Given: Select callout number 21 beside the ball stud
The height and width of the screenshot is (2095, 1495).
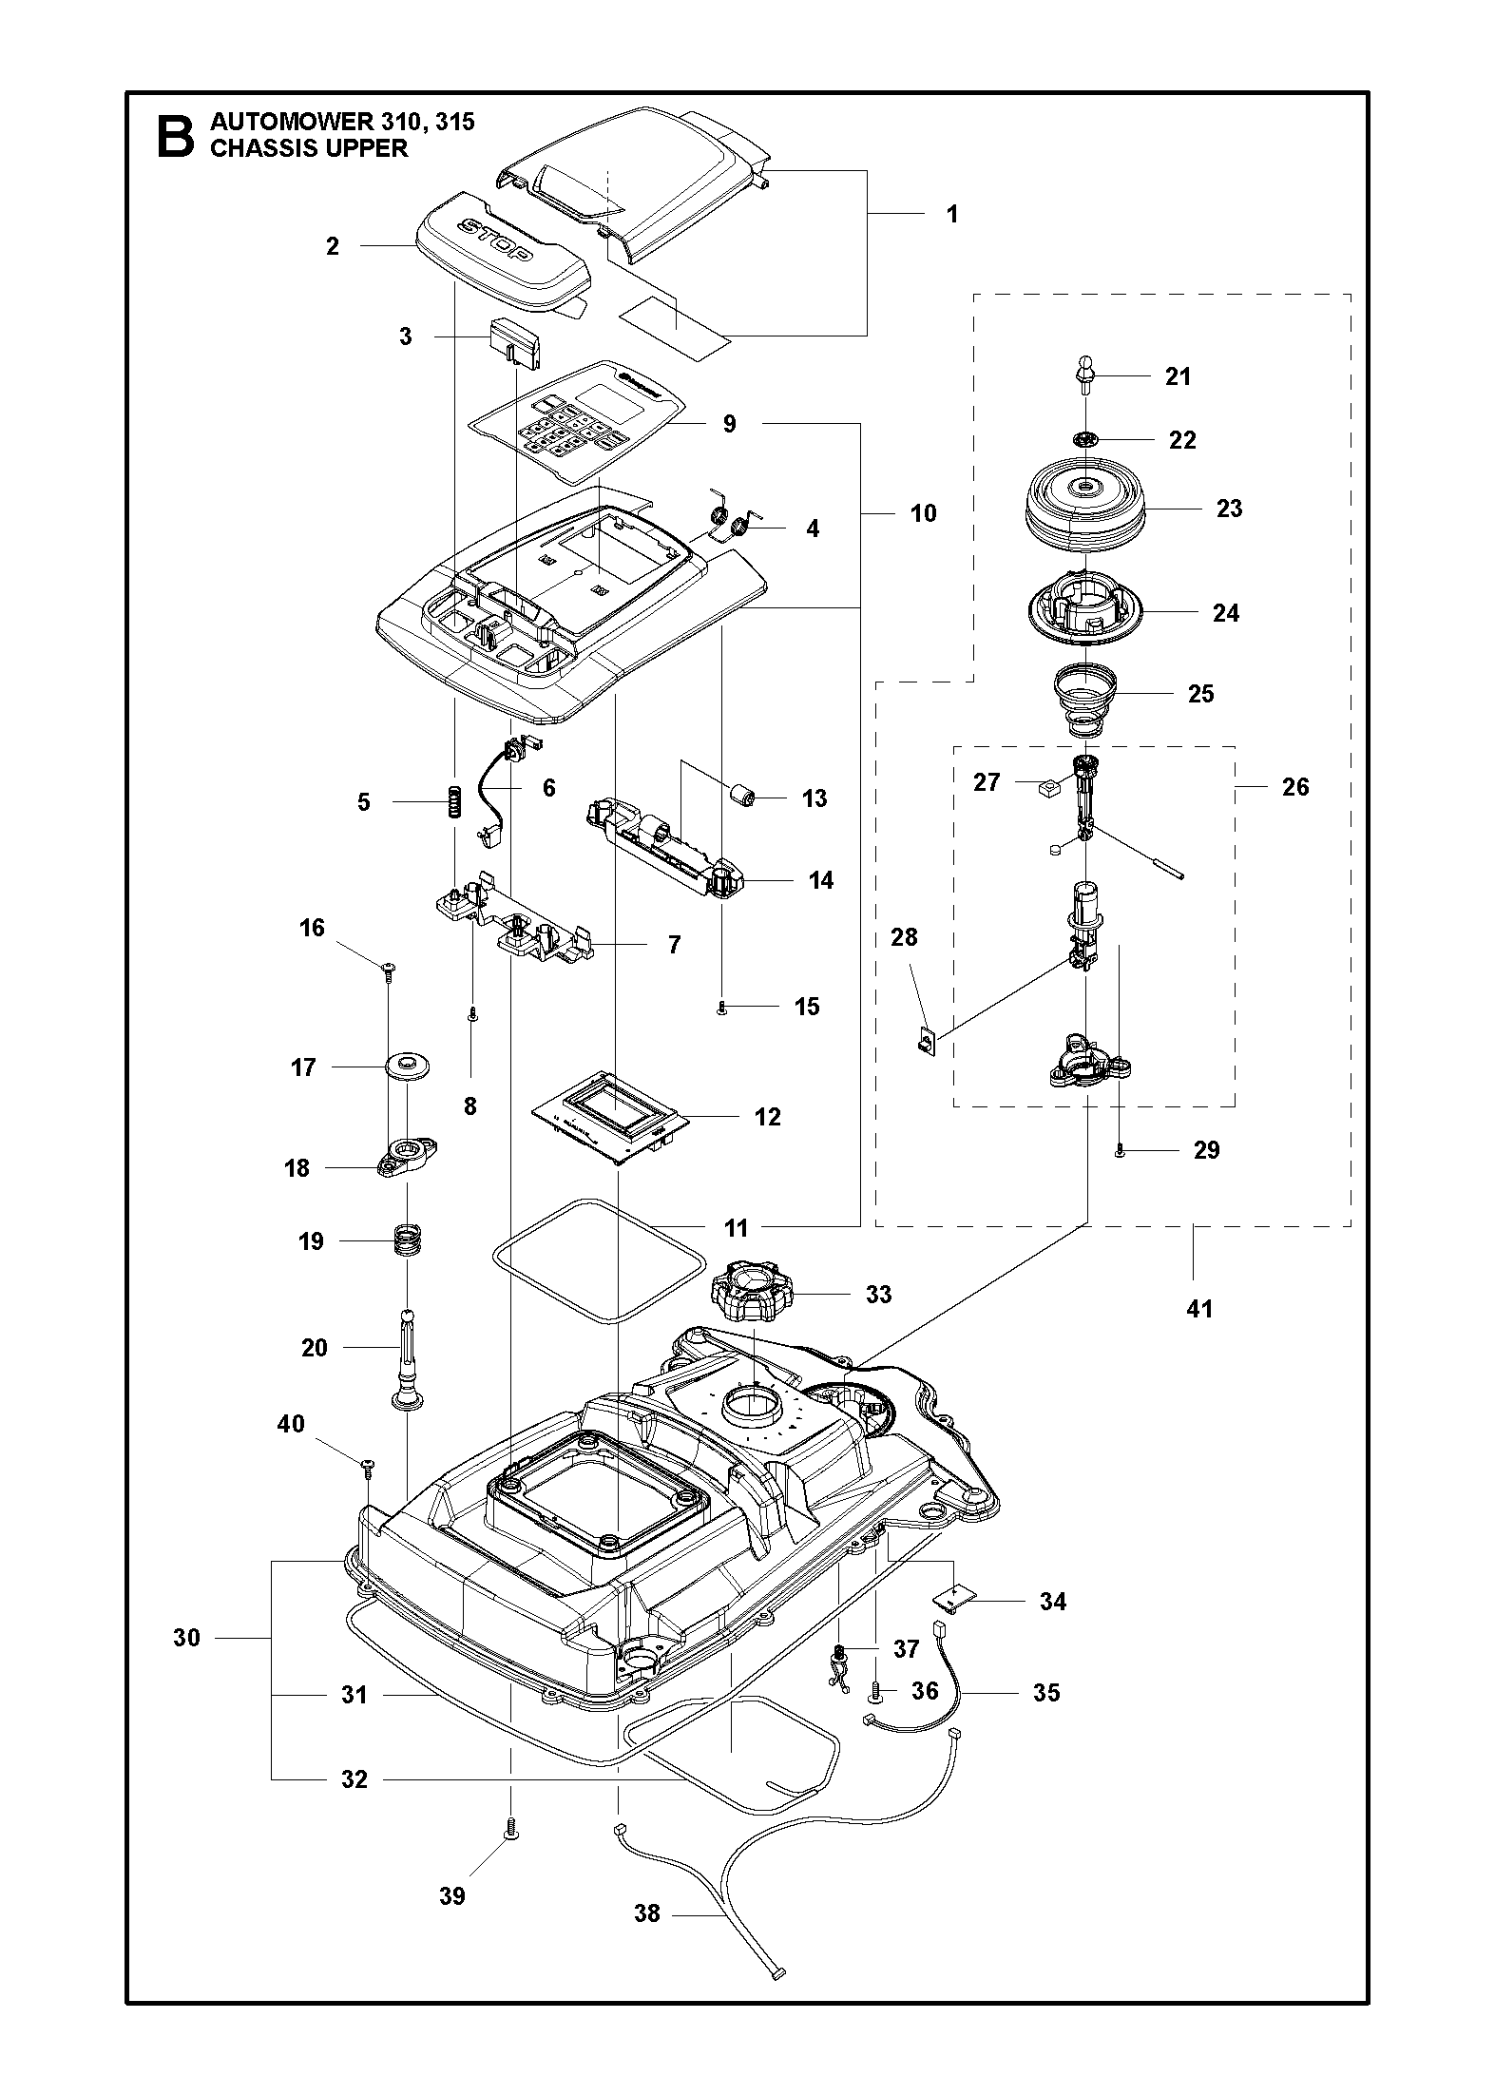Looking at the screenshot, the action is click(x=1178, y=376).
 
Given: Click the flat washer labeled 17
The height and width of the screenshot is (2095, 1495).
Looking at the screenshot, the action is click(x=409, y=1067).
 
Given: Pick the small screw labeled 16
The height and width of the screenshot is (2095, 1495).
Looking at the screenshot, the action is click(x=390, y=969).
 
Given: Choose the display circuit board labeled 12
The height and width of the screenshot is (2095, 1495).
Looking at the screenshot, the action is click(x=611, y=1118).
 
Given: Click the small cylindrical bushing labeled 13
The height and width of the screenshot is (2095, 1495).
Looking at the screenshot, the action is click(x=741, y=794).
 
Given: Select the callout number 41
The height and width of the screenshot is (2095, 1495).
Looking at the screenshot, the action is click(x=1199, y=1309).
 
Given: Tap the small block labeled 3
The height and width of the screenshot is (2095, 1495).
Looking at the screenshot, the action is click(x=516, y=342).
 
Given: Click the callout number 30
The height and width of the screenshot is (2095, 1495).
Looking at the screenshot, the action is click(x=186, y=1637).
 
